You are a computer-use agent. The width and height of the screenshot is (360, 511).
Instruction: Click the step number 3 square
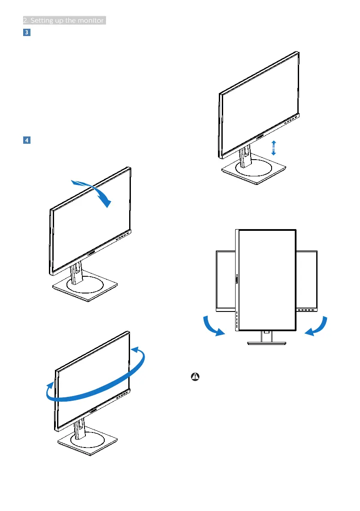pos(26,33)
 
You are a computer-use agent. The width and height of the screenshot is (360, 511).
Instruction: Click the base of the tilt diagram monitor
pos(85,290)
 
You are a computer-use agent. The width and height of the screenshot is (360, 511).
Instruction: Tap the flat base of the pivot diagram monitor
pos(266,343)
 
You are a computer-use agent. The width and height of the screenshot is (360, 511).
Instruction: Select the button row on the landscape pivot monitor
pos(306,309)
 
